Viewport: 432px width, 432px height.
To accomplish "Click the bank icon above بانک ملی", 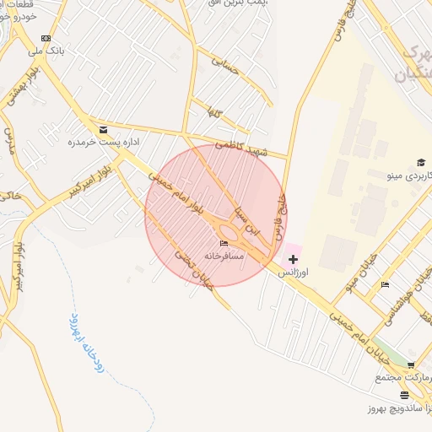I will (x=45, y=38).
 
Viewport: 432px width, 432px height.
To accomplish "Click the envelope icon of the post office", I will (x=103, y=130).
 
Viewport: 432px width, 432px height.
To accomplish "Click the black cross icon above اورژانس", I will (x=293, y=259).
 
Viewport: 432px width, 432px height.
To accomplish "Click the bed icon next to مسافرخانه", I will (x=224, y=244).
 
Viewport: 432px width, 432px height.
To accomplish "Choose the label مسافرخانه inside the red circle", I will (x=224, y=255).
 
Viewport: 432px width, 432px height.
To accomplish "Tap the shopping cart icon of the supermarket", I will (x=411, y=365).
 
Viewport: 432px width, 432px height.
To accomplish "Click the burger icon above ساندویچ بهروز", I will (x=405, y=394).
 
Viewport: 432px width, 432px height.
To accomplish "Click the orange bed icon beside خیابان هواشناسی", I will (x=385, y=284).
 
